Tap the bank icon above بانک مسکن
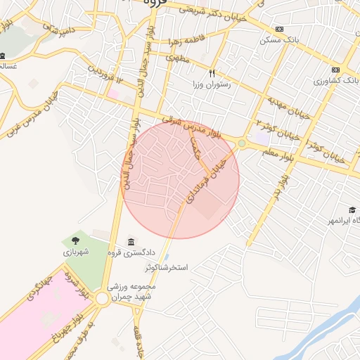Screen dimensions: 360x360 coord(280,29)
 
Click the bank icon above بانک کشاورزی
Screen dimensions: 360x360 coord(335,70)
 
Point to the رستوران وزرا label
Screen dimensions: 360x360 coord(212,84)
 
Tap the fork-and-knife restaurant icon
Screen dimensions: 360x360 coord(212,72)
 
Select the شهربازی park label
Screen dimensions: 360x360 coord(75,252)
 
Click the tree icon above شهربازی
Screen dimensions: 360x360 coord(75,240)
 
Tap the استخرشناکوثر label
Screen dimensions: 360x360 coord(169,268)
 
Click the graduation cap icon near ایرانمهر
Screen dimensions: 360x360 coord(352,210)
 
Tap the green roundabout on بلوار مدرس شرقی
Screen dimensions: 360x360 coord(242,143)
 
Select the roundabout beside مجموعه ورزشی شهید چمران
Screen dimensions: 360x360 coord(102,300)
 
